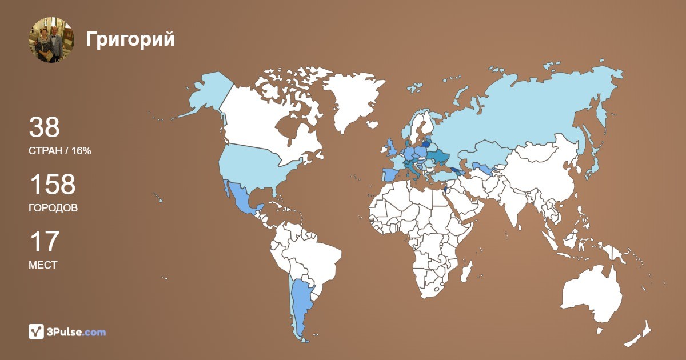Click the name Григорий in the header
[x=130, y=39]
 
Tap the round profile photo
[x=51, y=39]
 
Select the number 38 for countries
[x=44, y=128]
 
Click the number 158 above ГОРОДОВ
[x=52, y=185]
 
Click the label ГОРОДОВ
[x=53, y=208]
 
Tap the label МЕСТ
[x=43, y=265]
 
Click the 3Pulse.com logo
[x=67, y=331]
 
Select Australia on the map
[x=592, y=294]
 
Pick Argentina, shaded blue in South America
[x=301, y=303]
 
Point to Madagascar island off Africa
[x=466, y=271]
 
